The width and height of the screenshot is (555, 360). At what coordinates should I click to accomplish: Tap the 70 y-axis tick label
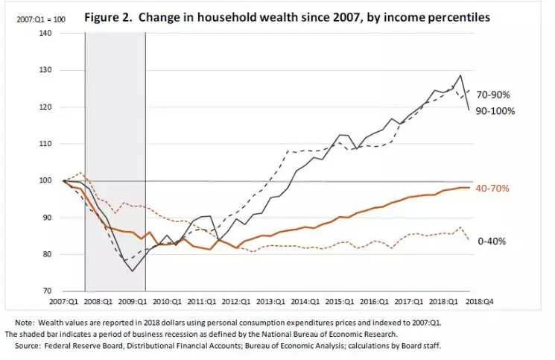pos(46,291)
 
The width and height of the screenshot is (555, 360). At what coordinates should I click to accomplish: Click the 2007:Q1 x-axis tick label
pos(63,304)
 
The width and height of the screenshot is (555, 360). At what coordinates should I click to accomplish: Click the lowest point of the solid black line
pos(133,271)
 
